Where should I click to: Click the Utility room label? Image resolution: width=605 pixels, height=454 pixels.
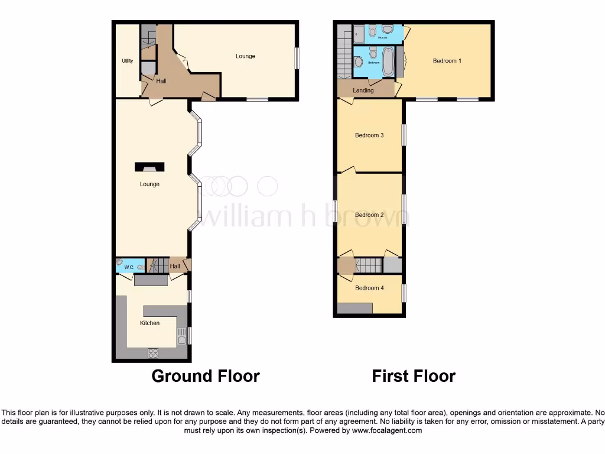pyautogui.click(x=127, y=61)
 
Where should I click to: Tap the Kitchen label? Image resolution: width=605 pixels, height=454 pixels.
pyautogui.click(x=149, y=323)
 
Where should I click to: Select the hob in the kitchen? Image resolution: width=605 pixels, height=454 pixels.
pyautogui.click(x=152, y=354)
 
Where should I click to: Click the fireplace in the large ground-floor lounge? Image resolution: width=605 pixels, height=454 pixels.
pyautogui.click(x=149, y=167)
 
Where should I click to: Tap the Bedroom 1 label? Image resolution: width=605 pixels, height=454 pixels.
pyautogui.click(x=447, y=61)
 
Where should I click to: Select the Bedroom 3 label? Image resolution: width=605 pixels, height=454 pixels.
pyautogui.click(x=369, y=135)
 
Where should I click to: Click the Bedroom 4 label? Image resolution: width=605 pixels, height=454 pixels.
pyautogui.click(x=369, y=288)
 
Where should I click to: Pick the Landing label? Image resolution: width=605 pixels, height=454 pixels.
pyautogui.click(x=363, y=90)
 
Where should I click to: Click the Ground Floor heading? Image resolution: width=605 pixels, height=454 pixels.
pyautogui.click(x=206, y=376)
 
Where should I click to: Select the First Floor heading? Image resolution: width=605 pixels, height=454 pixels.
pyautogui.click(x=414, y=376)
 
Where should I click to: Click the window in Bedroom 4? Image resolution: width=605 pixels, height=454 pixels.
pyautogui.click(x=404, y=293)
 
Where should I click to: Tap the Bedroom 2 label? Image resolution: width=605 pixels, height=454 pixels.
pyautogui.click(x=369, y=215)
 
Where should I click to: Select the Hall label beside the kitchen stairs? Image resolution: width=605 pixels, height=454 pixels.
pyautogui.click(x=175, y=267)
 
